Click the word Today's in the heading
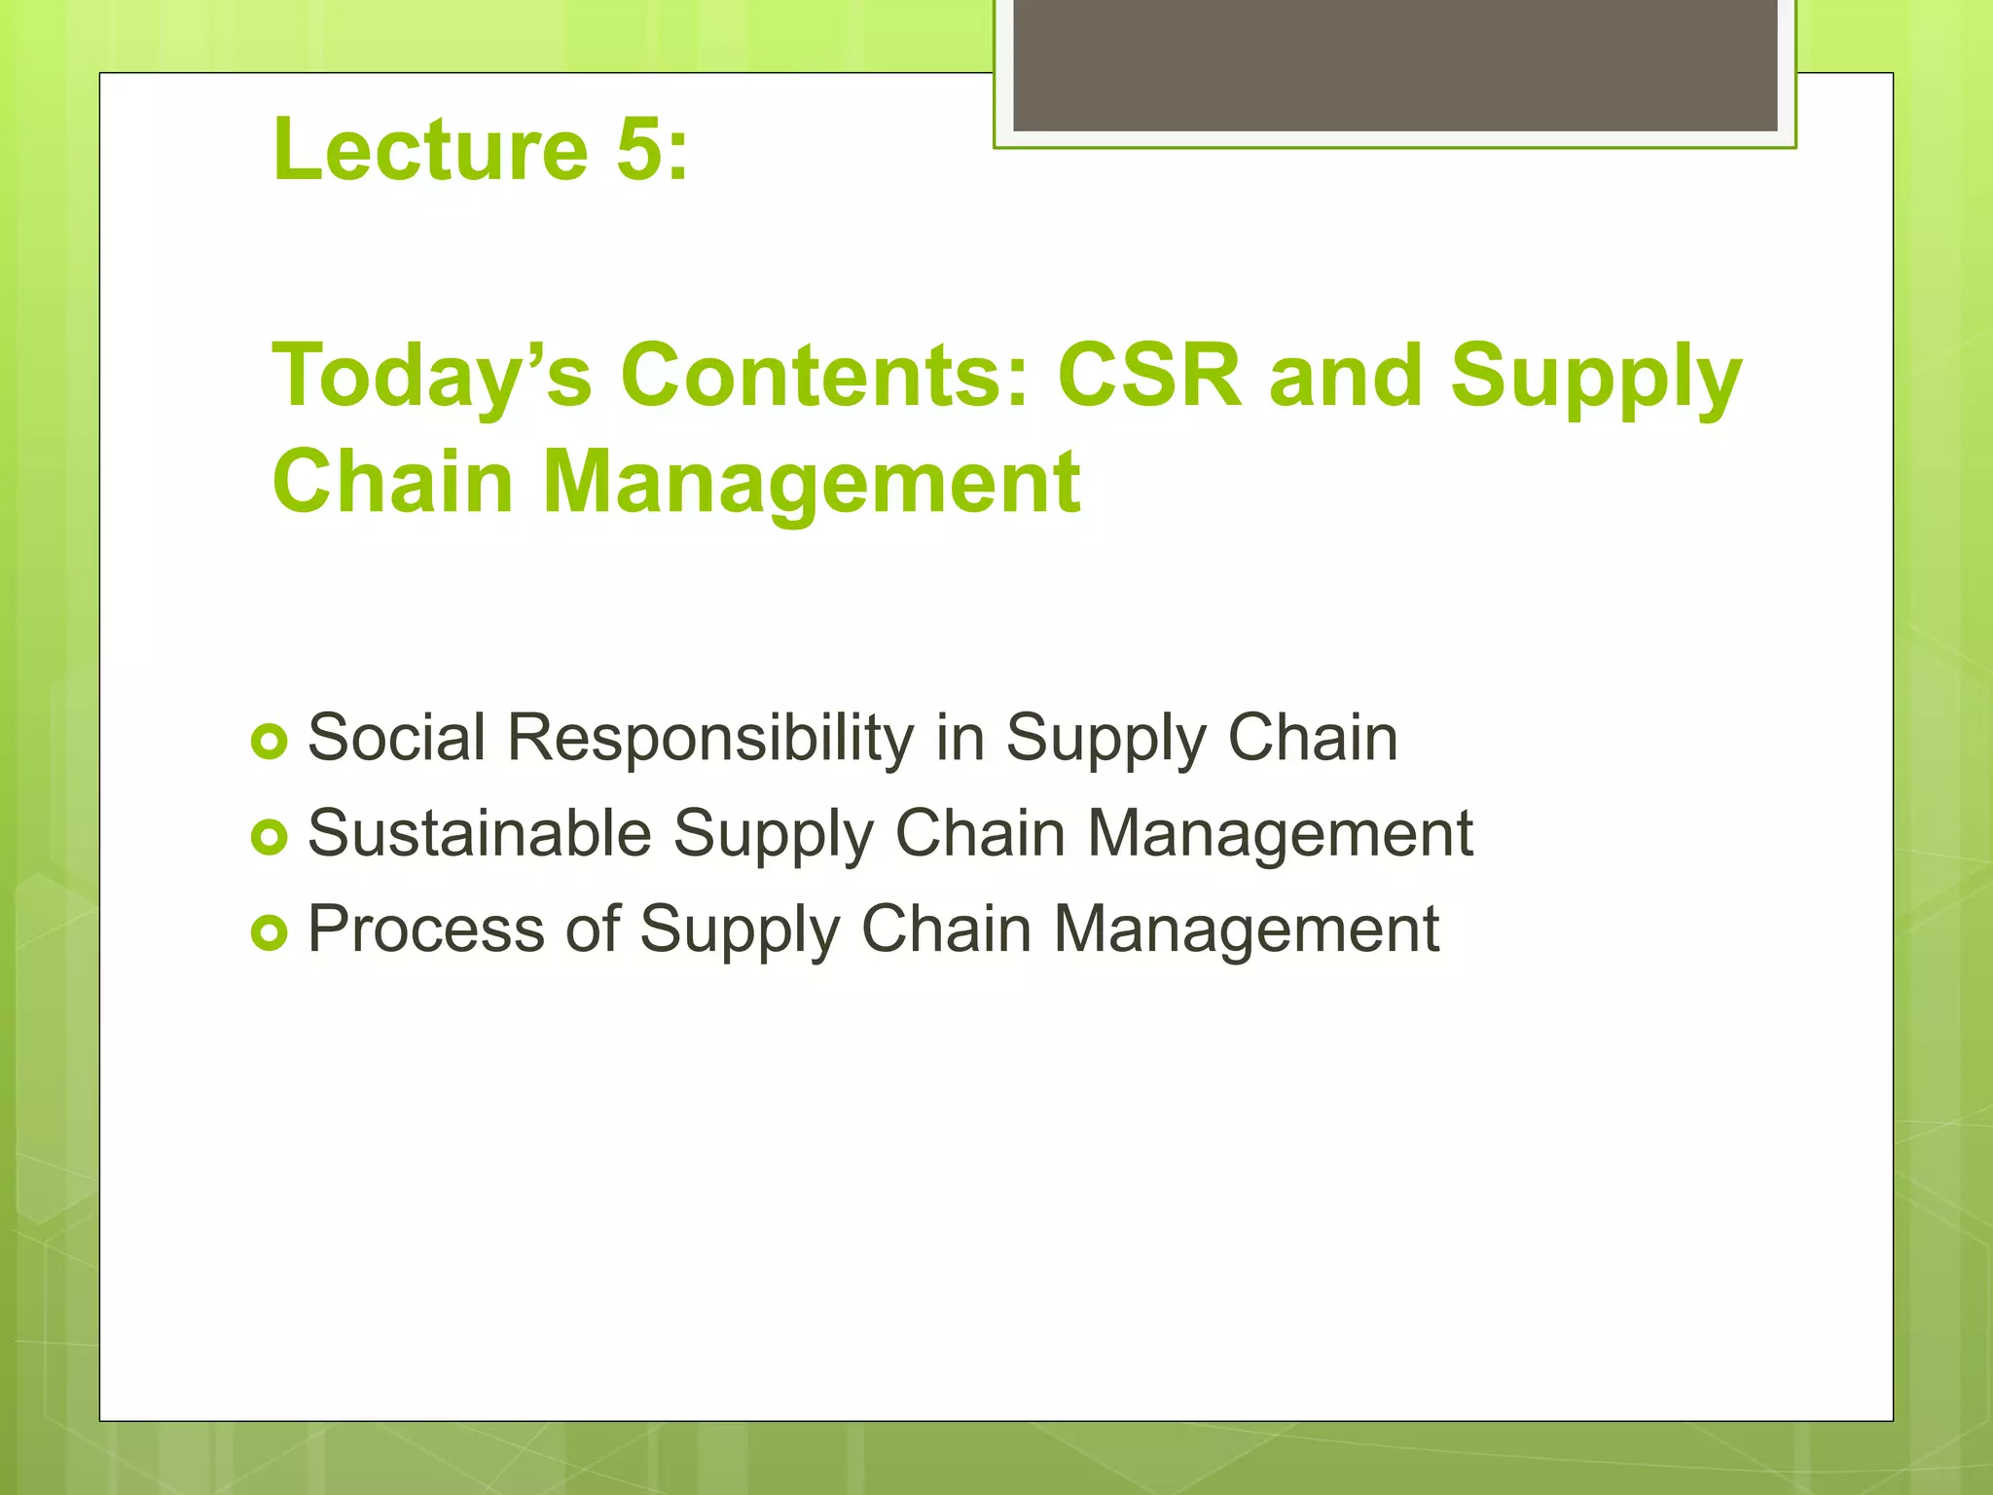pyautogui.click(x=431, y=378)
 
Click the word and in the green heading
pyautogui.click(x=1346, y=376)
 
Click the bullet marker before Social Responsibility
pyautogui.click(x=269, y=743)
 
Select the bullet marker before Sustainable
pyautogui.click(x=269, y=837)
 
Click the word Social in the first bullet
pyautogui.click(x=396, y=737)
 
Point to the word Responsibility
pyautogui.click(x=710, y=739)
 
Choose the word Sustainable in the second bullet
pyautogui.click(x=479, y=833)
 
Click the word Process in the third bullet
pyautogui.click(x=425, y=930)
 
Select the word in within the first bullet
pyautogui.click(x=960, y=737)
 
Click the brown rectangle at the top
pyautogui.click(x=1395, y=65)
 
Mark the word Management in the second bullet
pyautogui.click(x=1279, y=833)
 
